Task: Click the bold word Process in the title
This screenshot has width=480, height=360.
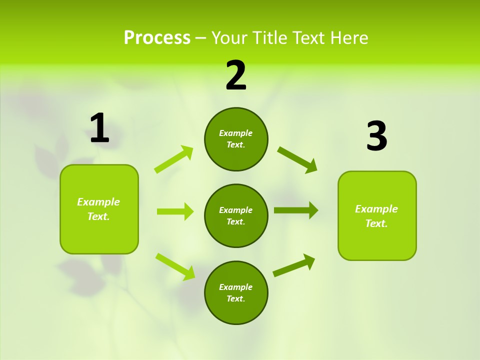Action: pyautogui.click(x=157, y=38)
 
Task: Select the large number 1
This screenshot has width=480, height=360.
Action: pyautogui.click(x=99, y=128)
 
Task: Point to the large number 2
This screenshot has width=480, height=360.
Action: pyautogui.click(x=236, y=75)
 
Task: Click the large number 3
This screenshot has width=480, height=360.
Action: pyautogui.click(x=376, y=136)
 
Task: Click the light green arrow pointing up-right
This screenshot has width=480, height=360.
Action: pyautogui.click(x=174, y=159)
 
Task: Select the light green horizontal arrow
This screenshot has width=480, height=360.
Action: pyautogui.click(x=175, y=211)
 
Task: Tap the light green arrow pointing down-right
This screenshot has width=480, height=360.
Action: pyautogui.click(x=175, y=266)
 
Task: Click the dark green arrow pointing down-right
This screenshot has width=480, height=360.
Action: pyautogui.click(x=297, y=159)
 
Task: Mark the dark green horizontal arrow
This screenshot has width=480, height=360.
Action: pyautogui.click(x=295, y=210)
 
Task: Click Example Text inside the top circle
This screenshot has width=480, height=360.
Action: pyautogui.click(x=236, y=139)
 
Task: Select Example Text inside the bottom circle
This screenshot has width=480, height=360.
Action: pyautogui.click(x=236, y=293)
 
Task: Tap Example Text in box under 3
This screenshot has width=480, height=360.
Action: pyautogui.click(x=376, y=216)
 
